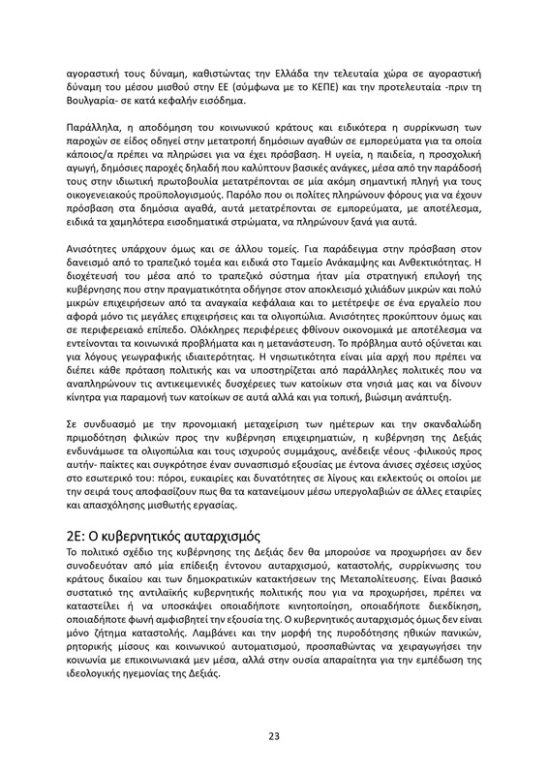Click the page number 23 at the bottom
274,735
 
